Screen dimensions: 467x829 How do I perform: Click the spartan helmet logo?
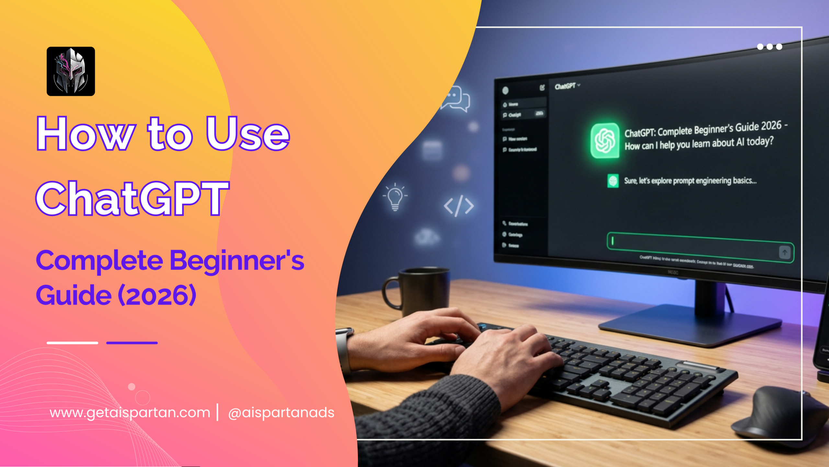(x=71, y=71)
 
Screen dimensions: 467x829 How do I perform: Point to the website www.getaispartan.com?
(x=130, y=413)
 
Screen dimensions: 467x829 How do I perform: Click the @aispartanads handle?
(x=281, y=413)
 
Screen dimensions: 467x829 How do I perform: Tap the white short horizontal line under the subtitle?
(x=72, y=343)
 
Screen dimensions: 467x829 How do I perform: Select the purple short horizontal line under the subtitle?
(x=132, y=343)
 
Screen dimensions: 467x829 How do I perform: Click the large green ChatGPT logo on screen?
(x=605, y=140)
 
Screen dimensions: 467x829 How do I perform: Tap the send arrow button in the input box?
(x=785, y=252)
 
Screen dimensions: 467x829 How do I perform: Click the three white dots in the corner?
(x=769, y=47)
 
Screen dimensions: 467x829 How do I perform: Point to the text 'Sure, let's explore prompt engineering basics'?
(x=690, y=181)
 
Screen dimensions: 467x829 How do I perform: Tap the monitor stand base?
(x=690, y=324)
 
